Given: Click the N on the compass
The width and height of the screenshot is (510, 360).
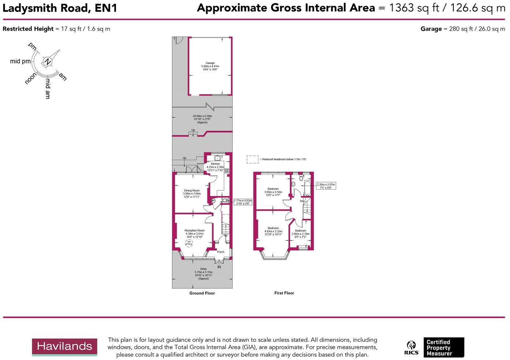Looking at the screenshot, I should click(47, 62).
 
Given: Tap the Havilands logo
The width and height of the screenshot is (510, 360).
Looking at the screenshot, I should click(64, 347).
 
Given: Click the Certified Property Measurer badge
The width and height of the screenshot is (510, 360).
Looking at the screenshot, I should click(443, 347).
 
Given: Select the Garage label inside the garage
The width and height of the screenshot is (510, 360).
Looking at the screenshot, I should click(210, 66).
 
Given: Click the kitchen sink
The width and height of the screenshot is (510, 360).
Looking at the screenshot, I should click(217, 158).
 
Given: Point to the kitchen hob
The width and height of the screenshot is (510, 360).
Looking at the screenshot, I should click(227, 170).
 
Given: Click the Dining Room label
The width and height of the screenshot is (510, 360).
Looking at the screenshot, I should click(192, 194).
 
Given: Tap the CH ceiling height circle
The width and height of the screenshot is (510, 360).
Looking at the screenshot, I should click(189, 243).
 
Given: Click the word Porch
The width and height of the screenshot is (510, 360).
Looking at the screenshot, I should click(221, 252).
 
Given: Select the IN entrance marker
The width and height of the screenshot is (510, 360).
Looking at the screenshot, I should click(219, 267).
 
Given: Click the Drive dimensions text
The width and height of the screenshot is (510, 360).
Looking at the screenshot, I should click(203, 274).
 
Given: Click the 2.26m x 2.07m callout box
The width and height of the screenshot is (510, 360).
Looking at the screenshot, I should click(326, 186).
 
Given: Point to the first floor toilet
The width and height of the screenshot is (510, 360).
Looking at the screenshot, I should click(301, 178).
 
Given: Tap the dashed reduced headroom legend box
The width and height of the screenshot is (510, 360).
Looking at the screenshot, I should click(252, 160).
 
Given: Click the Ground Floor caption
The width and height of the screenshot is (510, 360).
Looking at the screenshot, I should click(202, 293).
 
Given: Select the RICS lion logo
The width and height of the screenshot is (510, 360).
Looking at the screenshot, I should click(412, 347).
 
